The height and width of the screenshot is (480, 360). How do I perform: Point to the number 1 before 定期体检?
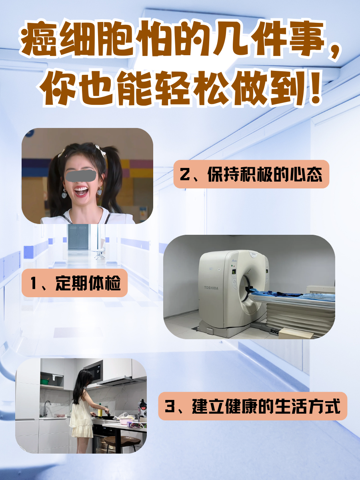35,283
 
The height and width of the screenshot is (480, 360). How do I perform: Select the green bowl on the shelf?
44,382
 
